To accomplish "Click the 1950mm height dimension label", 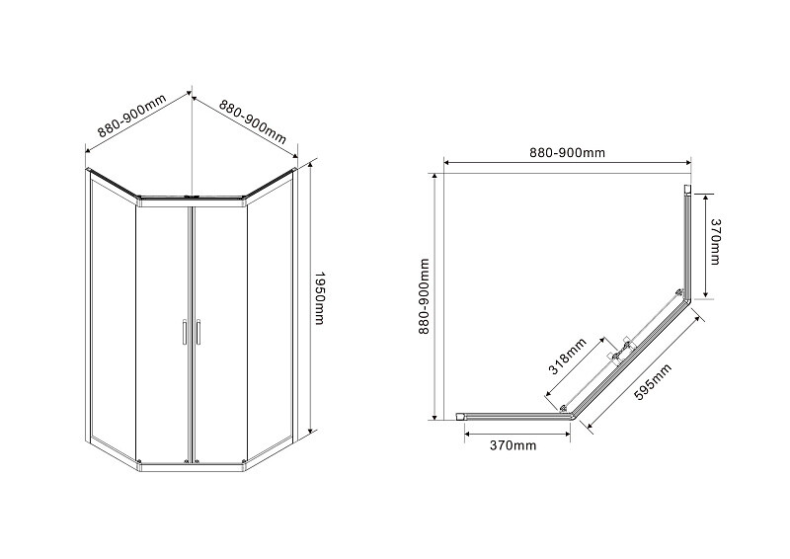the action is pyautogui.click(x=319, y=298).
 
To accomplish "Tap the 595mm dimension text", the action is pyautogui.click(x=653, y=381).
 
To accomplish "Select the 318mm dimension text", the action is pyautogui.click(x=567, y=356).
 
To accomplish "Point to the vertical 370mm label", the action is pyautogui.click(x=714, y=241).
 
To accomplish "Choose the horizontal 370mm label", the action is pyautogui.click(x=513, y=445).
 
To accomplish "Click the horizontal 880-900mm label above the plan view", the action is pyautogui.click(x=567, y=152).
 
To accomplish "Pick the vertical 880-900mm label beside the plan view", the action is pyautogui.click(x=425, y=296).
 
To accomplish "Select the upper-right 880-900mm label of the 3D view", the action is pyautogui.click(x=252, y=120).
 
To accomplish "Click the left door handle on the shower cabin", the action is pyautogui.click(x=185, y=332).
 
